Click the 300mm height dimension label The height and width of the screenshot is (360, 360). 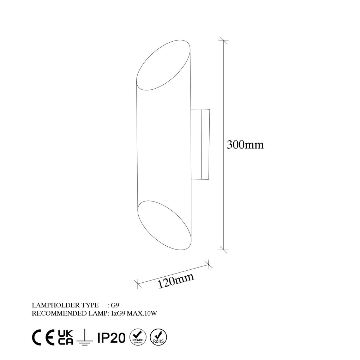coord(245,145)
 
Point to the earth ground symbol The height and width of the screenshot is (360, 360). coord(85,337)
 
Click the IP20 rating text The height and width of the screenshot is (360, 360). coord(111,337)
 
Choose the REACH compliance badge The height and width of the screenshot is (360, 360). coord(138,337)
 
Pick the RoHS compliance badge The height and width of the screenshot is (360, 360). coord(158,337)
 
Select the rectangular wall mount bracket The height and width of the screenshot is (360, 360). coord(201,144)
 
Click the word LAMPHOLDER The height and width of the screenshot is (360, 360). coord(52,305)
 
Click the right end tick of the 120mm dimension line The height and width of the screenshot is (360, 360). coord(208,264)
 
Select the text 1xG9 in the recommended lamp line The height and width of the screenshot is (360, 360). coord(118,313)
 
